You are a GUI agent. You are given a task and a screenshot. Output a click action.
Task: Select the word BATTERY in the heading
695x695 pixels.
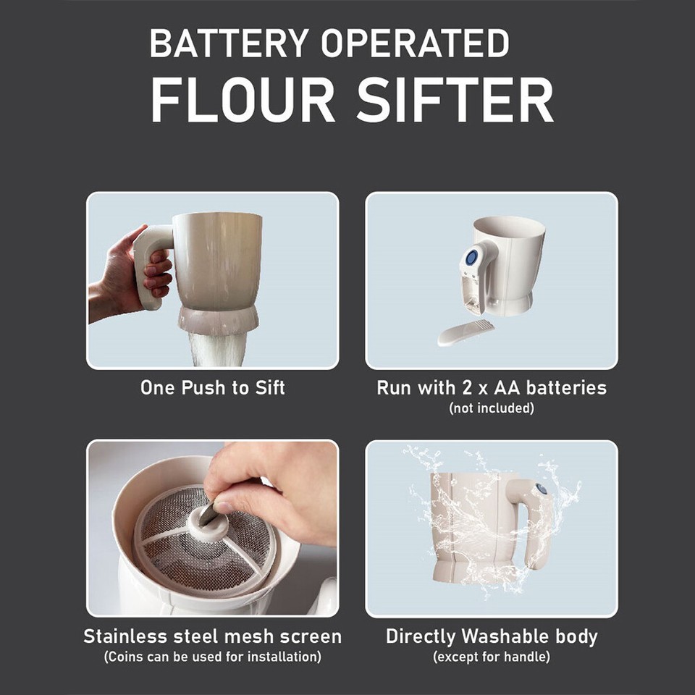230,45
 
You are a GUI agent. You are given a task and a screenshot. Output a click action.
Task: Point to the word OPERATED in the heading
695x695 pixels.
416,45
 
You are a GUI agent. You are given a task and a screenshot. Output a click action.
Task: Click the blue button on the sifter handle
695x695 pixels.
471,257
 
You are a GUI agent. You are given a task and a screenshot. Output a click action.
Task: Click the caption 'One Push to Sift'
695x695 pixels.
212,387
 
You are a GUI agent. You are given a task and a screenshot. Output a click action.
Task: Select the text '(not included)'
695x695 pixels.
492,408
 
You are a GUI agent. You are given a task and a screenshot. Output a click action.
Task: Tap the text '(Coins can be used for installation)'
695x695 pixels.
212,657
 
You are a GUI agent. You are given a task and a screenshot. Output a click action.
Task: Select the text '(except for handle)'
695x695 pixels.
492,657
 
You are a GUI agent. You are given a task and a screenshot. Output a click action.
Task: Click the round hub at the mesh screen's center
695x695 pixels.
206,523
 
